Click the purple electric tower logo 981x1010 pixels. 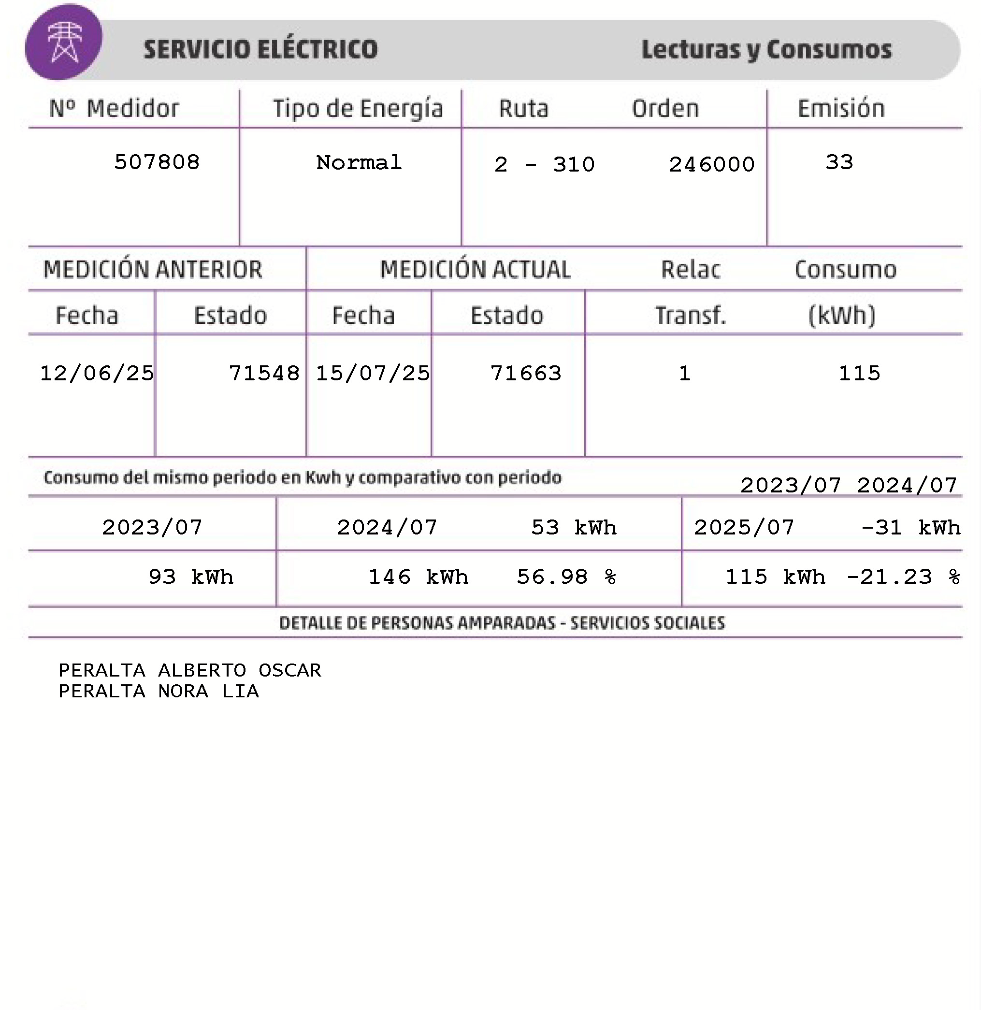(64, 42)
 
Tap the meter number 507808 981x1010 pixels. (157, 162)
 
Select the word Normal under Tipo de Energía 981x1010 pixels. (359, 163)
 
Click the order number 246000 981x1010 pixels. (711, 165)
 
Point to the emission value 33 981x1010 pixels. (839, 162)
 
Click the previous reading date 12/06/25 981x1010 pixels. (97, 373)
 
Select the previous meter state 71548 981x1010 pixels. (264, 373)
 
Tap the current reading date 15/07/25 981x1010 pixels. (373, 373)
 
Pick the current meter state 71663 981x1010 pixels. (526, 373)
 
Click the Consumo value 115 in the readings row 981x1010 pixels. (859, 373)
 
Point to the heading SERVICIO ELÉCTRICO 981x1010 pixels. (260, 49)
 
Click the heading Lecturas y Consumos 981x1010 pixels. (766, 50)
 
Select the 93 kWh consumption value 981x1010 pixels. (190, 577)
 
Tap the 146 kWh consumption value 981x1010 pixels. (418, 577)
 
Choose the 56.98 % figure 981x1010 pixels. (566, 577)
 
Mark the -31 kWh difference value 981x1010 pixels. (910, 527)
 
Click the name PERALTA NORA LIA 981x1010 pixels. (159, 691)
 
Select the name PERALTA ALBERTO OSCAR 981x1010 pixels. (189, 670)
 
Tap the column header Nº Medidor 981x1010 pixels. (115, 109)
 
